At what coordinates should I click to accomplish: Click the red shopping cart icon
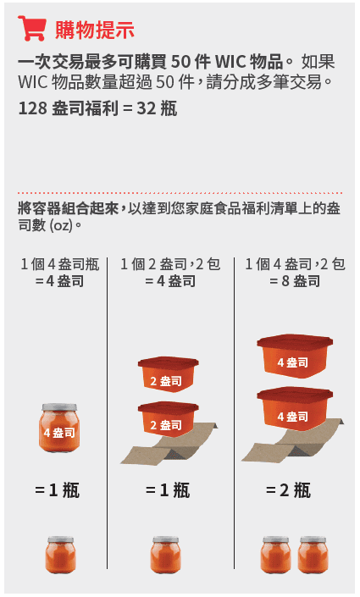31,29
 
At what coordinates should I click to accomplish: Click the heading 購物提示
95,30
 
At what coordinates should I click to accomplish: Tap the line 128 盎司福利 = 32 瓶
97,109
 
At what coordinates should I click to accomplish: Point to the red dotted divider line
180,193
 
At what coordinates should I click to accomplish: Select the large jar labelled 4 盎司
59,431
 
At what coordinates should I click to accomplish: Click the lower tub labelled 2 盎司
168,420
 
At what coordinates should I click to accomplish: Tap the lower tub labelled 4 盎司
293,411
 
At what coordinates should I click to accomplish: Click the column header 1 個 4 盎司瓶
59,264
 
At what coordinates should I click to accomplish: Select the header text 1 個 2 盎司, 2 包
170,264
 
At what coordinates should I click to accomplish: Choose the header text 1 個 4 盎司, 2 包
295,264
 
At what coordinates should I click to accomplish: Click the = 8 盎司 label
295,281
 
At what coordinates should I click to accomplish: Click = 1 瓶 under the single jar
58,489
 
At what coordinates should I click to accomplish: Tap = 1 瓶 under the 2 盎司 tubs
168,489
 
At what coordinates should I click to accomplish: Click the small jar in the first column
59,555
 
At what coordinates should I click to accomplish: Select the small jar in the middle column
166,555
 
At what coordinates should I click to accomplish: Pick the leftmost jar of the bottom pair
275,555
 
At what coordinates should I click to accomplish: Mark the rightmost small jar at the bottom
313,555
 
